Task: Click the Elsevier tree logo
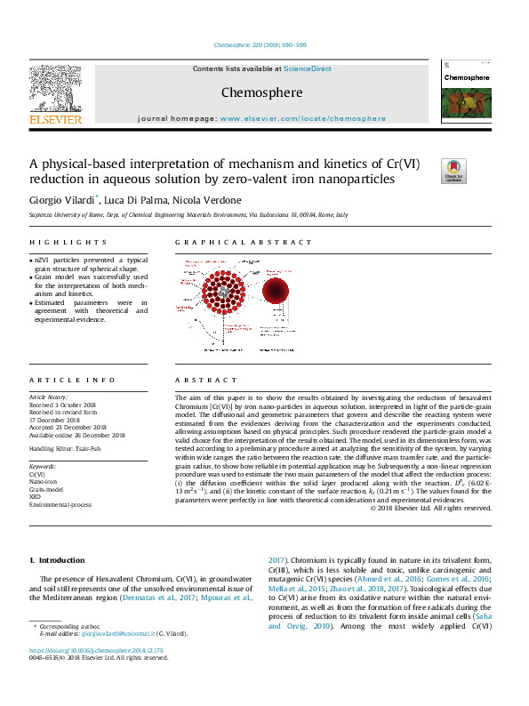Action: [x=55, y=88]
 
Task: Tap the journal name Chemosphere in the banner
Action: [x=261, y=92]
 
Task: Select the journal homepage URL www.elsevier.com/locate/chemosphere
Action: [x=303, y=118]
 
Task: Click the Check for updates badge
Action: [x=453, y=170]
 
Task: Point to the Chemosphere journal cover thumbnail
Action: [x=465, y=95]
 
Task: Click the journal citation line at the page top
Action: [x=260, y=45]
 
